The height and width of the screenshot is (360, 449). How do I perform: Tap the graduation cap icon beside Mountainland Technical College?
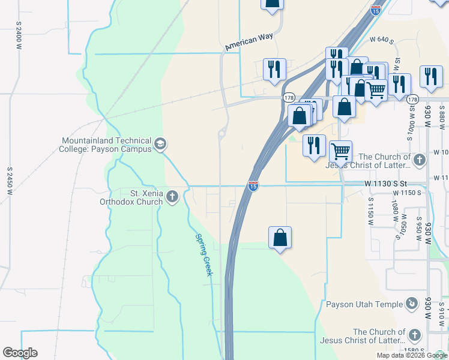coord(160,144)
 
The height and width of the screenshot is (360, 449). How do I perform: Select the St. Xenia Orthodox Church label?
coord(131,197)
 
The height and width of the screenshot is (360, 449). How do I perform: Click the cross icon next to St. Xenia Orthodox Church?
coord(172,196)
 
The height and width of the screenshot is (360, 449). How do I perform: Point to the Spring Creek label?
coord(203,254)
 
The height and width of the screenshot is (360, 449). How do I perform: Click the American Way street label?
coord(249,41)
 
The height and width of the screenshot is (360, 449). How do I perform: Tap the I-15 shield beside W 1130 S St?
coord(253,187)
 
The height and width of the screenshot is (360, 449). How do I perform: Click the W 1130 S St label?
coord(385,183)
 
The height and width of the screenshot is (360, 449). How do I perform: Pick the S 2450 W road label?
coord(10,179)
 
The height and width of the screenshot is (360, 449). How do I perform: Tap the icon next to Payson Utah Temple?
coord(412,304)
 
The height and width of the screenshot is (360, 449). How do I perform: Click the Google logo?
coord(20,353)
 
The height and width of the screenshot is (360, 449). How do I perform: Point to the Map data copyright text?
coord(412,355)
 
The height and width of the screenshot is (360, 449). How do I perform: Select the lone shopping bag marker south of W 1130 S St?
coord(280,238)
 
